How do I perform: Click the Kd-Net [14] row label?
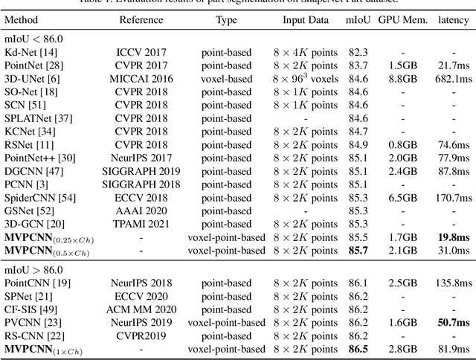coord(30,53)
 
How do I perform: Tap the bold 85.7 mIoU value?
coord(358,251)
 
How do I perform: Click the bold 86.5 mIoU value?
coord(358,348)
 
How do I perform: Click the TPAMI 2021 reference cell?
coord(141,223)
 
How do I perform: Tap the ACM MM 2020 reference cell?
coord(141,310)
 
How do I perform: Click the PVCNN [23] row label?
coord(33,324)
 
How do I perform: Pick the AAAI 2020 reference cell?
coord(141,210)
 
